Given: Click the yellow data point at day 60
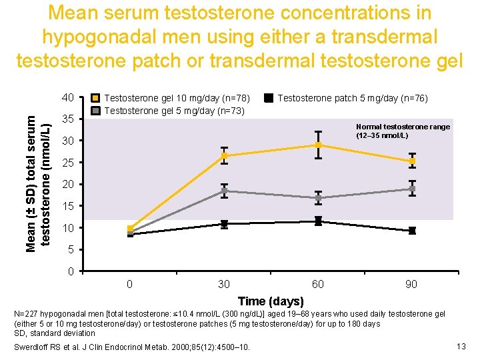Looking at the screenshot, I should (x=319, y=145).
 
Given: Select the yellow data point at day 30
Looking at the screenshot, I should (x=225, y=156).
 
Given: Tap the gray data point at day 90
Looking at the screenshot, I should (x=413, y=189).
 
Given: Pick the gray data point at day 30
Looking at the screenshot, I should (x=225, y=191).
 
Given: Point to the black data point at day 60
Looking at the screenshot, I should (x=319, y=221).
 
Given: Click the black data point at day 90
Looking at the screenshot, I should (x=413, y=231).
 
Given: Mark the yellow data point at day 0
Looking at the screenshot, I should (x=131, y=229).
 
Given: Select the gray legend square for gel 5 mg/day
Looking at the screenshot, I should (x=97, y=110).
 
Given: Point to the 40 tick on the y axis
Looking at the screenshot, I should (x=67, y=98).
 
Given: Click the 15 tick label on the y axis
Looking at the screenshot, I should (x=67, y=206).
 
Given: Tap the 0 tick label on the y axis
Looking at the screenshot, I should (x=70, y=271).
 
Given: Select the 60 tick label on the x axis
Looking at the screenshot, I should (x=319, y=285).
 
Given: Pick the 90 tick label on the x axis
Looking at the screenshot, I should (x=412, y=285).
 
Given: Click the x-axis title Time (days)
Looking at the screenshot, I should (x=271, y=301).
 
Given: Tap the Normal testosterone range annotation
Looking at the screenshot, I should (x=403, y=131).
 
